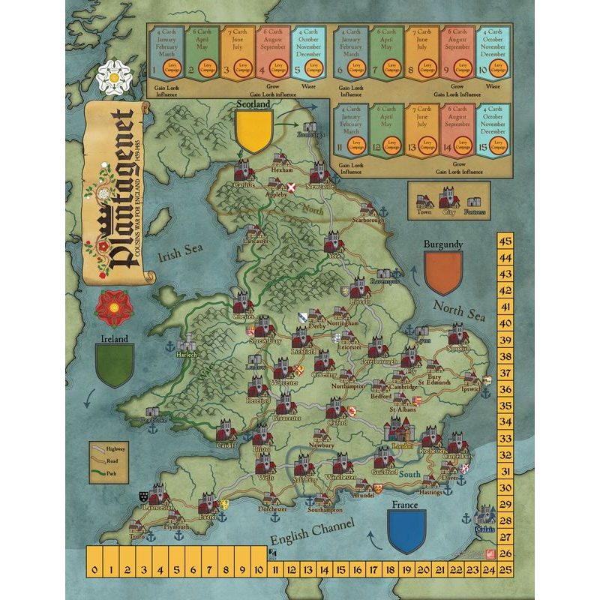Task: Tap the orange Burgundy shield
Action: pos(442,271)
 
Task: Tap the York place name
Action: pos(334,255)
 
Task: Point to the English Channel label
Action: pos(307,538)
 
